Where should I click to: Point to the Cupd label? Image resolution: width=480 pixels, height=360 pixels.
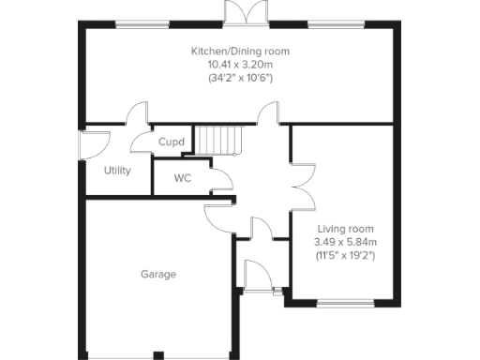171,142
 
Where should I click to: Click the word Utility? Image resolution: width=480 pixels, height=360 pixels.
117,171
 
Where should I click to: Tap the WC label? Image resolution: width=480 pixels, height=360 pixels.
182,178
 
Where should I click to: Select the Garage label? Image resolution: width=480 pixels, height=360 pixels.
158,275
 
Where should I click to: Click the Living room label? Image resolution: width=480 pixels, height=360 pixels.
345,229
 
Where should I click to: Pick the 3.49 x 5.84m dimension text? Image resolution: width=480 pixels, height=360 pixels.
345,242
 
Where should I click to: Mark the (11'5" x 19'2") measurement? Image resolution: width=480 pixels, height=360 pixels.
345,255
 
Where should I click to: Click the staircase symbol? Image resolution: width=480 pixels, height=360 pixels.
218,141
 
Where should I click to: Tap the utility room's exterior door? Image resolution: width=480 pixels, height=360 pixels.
94,145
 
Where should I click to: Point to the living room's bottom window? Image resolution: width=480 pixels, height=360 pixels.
344,303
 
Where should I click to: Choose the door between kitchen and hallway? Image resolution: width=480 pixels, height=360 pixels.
269,115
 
